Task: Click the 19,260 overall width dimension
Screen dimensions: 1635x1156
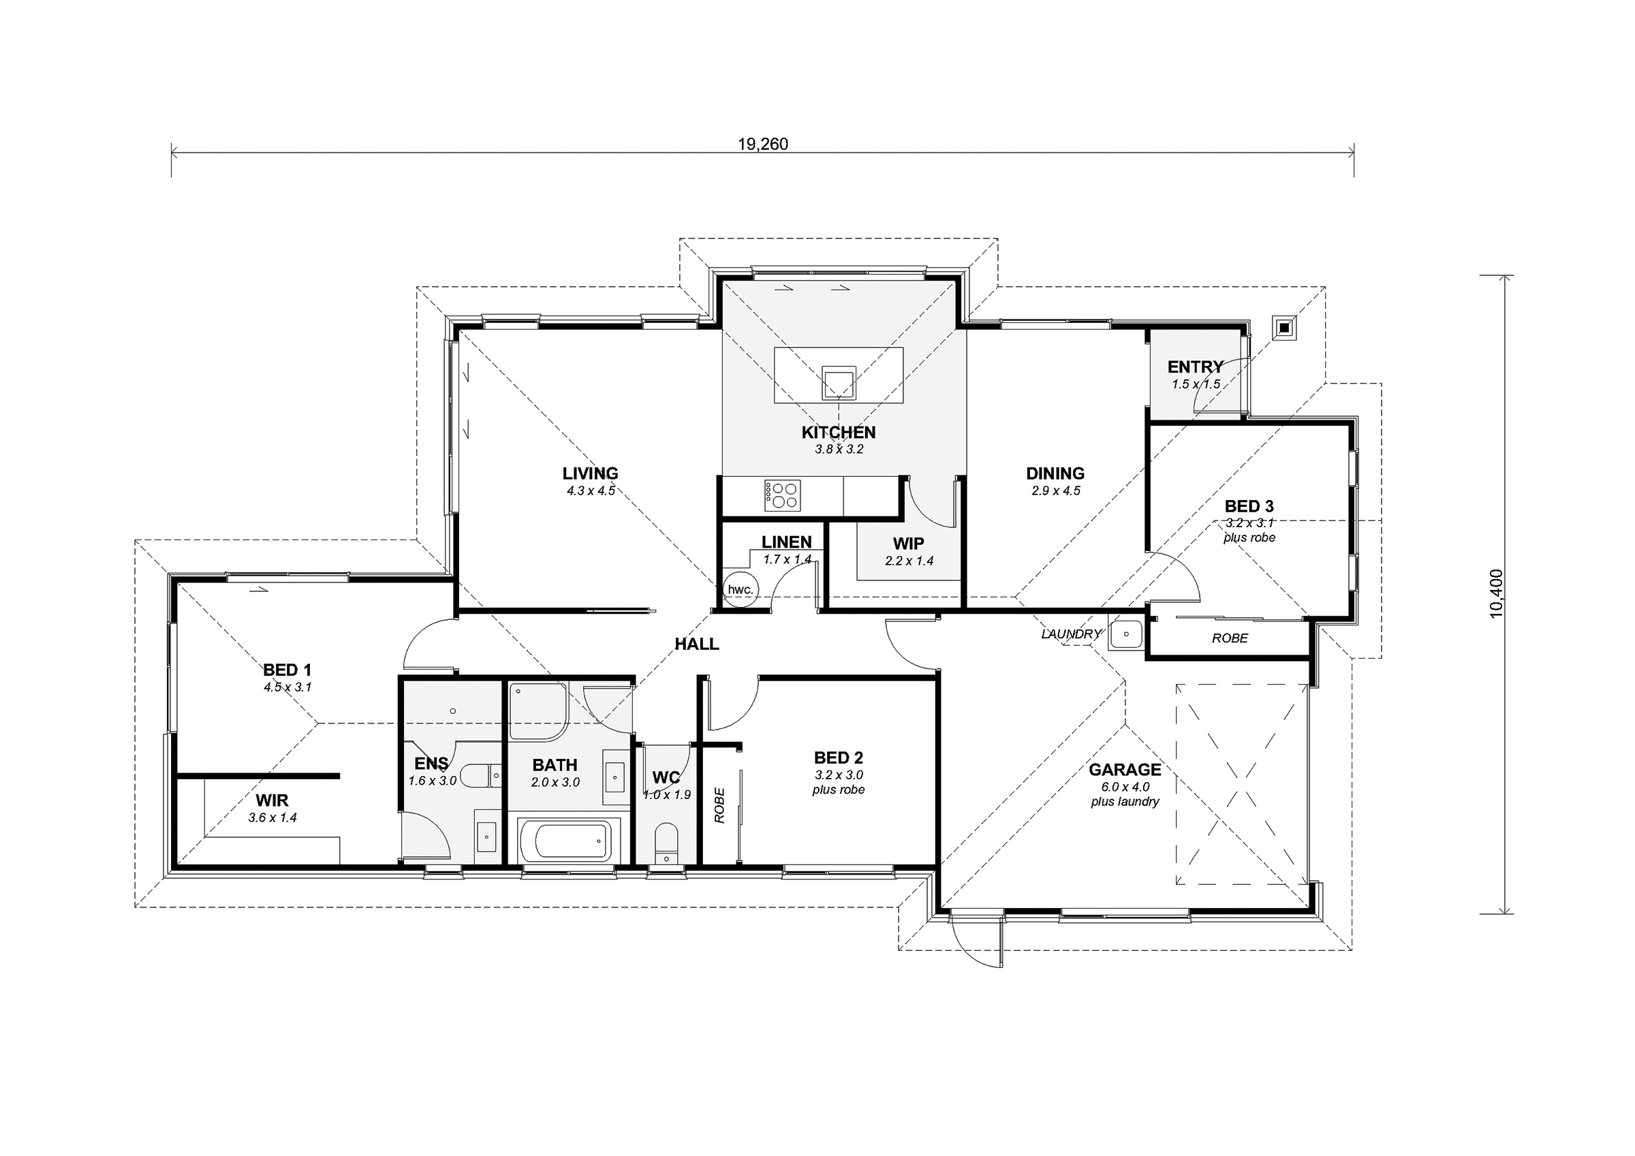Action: pyautogui.click(x=763, y=144)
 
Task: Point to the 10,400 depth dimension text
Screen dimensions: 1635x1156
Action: pyautogui.click(x=1496, y=593)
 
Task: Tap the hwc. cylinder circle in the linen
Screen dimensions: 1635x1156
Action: pyautogui.click(x=740, y=590)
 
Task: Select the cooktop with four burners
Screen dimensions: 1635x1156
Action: pyautogui.click(x=783, y=495)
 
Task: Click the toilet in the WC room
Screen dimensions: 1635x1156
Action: pyautogui.click(x=666, y=843)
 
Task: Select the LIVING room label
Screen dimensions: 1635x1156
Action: pyautogui.click(x=591, y=473)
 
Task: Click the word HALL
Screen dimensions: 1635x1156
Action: pyautogui.click(x=696, y=644)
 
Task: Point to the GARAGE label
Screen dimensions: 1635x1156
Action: pyautogui.click(x=1125, y=769)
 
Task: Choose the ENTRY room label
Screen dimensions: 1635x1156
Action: pyautogui.click(x=1196, y=366)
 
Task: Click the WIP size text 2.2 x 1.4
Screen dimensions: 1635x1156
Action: pyautogui.click(x=909, y=561)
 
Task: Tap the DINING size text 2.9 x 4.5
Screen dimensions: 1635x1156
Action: pyautogui.click(x=1055, y=490)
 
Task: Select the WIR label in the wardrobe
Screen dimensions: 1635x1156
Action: pyautogui.click(x=272, y=800)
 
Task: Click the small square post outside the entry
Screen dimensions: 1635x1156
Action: pyautogui.click(x=1284, y=327)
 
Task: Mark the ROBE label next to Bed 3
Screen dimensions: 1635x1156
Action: pyautogui.click(x=1230, y=638)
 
